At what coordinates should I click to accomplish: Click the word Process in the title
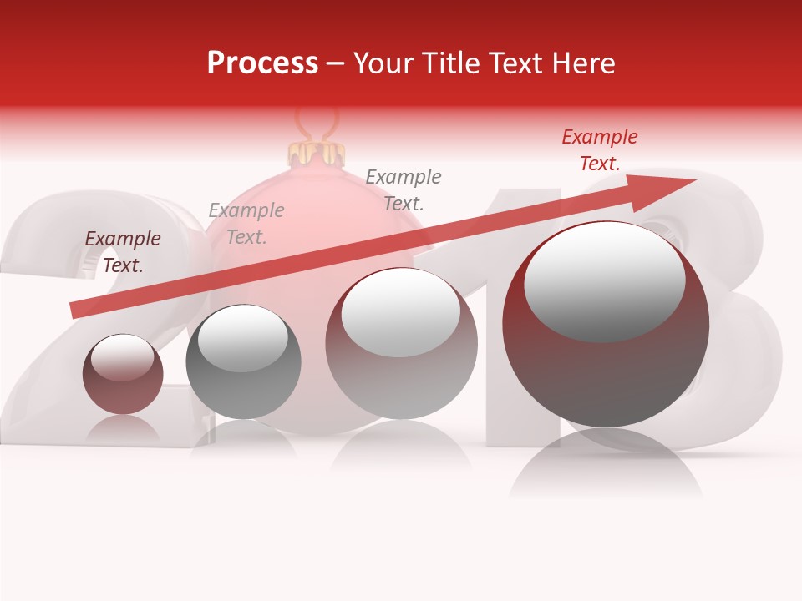[262, 63]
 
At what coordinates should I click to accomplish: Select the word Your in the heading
[385, 63]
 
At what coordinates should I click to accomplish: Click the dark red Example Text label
[123, 252]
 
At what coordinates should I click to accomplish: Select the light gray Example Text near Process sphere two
[246, 224]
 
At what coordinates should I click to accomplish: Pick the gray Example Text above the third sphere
[404, 189]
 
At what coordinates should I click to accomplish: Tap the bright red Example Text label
[600, 150]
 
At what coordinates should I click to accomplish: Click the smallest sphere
[123, 375]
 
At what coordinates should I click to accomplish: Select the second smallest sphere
[243, 362]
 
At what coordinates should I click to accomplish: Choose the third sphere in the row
[402, 344]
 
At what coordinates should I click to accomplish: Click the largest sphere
[606, 325]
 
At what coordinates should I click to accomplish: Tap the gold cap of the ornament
[317, 154]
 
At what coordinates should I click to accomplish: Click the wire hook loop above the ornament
[317, 125]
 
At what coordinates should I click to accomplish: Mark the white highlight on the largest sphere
[604, 281]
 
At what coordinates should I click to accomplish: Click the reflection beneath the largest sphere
[606, 467]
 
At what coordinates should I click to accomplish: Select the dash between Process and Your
[335, 63]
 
